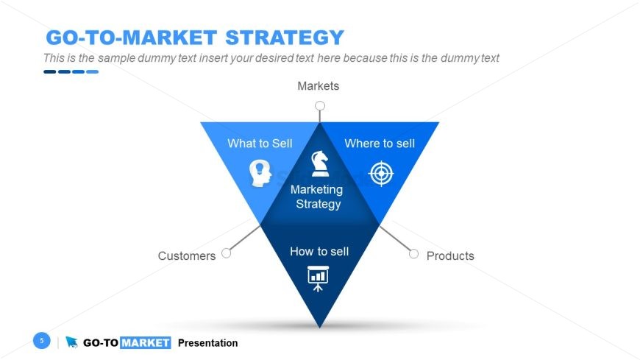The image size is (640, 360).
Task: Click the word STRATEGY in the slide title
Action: click(285, 38)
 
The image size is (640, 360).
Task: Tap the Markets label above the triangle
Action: click(319, 86)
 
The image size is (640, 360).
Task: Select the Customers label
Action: click(187, 255)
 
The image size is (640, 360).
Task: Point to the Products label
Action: click(450, 255)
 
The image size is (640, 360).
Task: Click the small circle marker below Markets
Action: click(320, 106)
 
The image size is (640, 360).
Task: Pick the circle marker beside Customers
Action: click(226, 253)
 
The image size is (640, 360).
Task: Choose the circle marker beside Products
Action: click(413, 254)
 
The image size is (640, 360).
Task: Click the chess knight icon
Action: click(319, 163)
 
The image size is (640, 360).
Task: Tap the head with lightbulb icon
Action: click(260, 173)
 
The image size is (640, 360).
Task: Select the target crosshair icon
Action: click(381, 173)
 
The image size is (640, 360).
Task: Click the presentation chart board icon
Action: click(318, 278)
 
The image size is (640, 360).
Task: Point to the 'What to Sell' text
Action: click(260, 144)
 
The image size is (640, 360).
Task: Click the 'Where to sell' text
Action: click(380, 144)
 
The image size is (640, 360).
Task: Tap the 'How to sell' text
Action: click(319, 251)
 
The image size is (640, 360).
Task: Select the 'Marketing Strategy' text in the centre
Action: click(317, 197)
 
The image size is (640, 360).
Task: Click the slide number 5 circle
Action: click(42, 340)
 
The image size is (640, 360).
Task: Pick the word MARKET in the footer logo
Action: click(146, 343)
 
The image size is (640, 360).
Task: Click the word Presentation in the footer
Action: click(207, 343)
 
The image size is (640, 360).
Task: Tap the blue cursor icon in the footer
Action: click(72, 342)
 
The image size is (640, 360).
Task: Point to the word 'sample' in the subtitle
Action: click(116, 58)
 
